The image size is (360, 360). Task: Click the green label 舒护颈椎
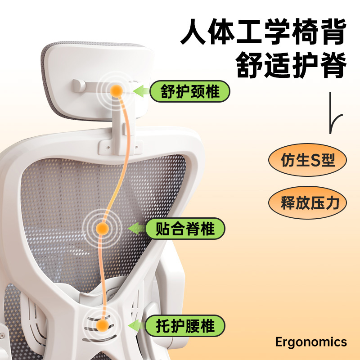(190, 92)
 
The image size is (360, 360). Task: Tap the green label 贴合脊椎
(184, 229)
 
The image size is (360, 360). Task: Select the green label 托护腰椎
(184, 325)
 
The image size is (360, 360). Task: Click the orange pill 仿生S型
(308, 160)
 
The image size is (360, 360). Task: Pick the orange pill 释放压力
(308, 202)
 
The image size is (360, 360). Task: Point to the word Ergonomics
(311, 342)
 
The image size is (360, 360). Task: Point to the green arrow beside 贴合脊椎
(136, 229)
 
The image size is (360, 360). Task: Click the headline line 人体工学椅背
(263, 32)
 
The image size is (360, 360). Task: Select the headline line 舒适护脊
(291, 65)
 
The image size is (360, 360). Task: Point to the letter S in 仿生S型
(317, 160)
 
